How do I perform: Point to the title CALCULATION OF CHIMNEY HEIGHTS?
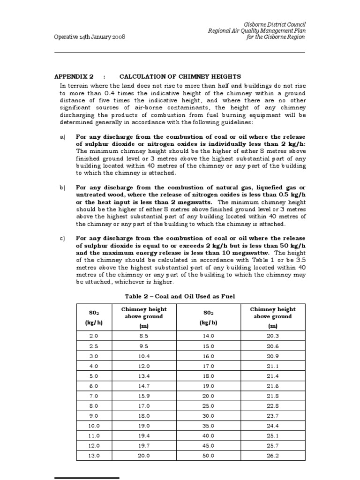point(180,76)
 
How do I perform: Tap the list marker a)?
point(62,137)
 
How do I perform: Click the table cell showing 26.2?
point(272,455)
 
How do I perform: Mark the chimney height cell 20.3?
point(272,336)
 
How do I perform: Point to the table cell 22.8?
point(272,405)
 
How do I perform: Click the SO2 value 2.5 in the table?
point(94,346)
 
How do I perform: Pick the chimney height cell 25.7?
point(272,445)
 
